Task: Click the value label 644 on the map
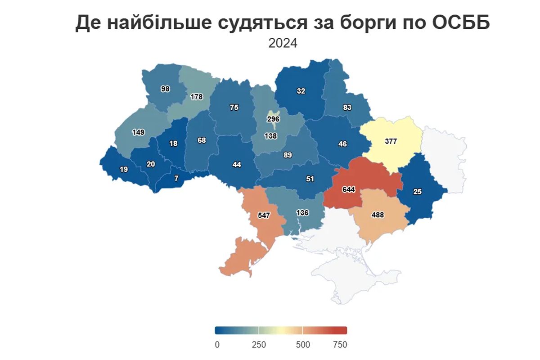point(348,189)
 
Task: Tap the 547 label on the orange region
point(264,216)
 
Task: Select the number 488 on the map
point(378,215)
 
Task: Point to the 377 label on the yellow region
point(391,141)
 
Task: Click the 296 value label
point(273,120)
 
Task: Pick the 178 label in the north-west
point(197,97)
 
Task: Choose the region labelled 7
point(176,178)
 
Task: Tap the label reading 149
point(138,132)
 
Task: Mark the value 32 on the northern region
point(301,91)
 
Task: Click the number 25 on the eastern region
point(418,192)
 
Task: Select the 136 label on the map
point(302,213)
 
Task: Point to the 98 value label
point(165,89)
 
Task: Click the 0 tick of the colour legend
point(217,345)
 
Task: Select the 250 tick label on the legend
point(259,345)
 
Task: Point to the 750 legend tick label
point(340,345)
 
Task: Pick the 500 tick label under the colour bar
point(303,345)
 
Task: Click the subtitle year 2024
point(283,43)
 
